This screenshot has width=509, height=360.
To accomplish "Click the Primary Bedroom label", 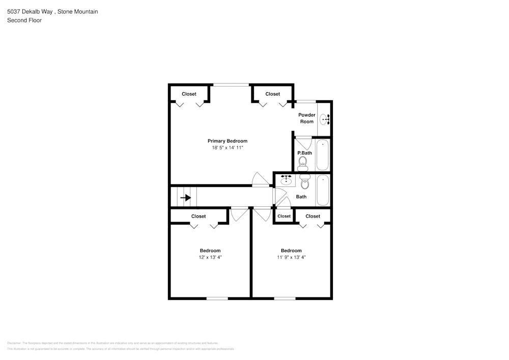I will [x=227, y=141].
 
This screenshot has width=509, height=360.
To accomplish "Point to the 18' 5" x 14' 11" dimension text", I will [x=228, y=148].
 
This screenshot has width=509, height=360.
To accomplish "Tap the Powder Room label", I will [x=306, y=118].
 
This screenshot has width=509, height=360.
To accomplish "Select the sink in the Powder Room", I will [x=324, y=119].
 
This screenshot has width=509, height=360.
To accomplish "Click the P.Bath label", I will [x=304, y=153].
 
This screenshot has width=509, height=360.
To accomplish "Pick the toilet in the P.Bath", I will [x=303, y=162].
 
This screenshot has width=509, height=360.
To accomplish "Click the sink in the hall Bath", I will [x=286, y=180].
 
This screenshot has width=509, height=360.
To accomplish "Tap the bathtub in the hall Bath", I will [x=323, y=190].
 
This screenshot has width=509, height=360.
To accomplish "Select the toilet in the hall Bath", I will [x=305, y=182].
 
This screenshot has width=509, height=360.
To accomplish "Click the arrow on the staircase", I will [x=186, y=198].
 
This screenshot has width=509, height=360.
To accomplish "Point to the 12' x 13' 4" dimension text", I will [x=210, y=258].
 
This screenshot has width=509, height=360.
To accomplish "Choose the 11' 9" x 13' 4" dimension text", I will [x=291, y=258].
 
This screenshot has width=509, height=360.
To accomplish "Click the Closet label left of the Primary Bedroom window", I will [x=189, y=94].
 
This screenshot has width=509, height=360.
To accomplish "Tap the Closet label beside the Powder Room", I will [x=272, y=94].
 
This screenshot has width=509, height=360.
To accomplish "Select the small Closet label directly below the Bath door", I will [x=284, y=216].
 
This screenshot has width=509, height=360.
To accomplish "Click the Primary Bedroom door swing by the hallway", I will [x=260, y=179].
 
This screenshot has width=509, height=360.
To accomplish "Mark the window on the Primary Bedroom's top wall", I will [x=231, y=85].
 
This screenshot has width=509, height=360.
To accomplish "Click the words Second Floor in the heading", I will [x=24, y=20].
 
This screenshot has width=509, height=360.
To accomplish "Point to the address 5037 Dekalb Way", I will [x=31, y=11].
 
